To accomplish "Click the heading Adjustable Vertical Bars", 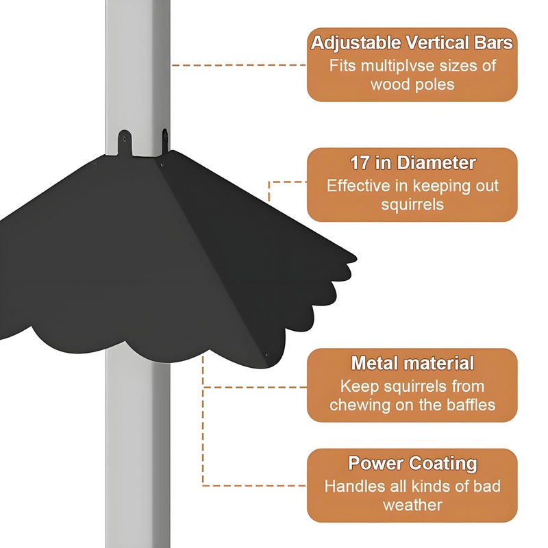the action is tap(412, 43).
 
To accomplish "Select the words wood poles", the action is tap(412, 85).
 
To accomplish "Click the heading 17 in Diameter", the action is tap(412, 163).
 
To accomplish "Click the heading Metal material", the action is tap(412, 363).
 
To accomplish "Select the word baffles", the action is tap(469, 404).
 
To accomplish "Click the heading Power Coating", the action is tap(412, 463).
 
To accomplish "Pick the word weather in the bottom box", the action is tap(412, 505).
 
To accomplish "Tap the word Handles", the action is tap(353, 486).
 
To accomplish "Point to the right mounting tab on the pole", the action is tap(165, 138).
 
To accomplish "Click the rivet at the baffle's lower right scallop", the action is tap(267, 355).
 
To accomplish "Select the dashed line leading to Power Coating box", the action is tap(253, 486).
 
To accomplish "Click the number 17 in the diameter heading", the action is tap(359, 163).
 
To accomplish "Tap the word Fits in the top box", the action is tap(343, 66).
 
